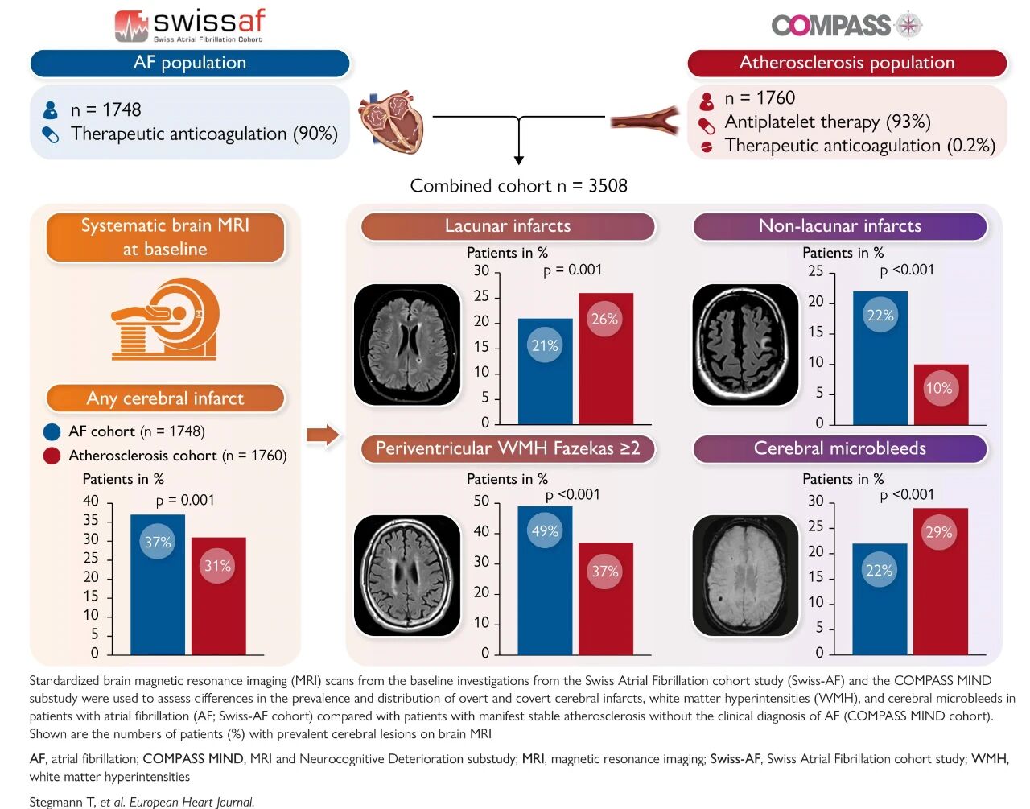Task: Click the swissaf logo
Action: (x=189, y=25)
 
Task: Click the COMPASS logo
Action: (x=846, y=26)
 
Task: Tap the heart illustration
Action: (x=390, y=121)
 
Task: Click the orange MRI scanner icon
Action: (x=165, y=319)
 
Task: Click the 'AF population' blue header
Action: (x=190, y=63)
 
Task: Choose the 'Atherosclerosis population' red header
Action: (x=847, y=63)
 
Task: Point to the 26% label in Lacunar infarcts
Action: (x=604, y=319)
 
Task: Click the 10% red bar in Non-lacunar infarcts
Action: (x=940, y=394)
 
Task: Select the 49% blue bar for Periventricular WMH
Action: (x=545, y=580)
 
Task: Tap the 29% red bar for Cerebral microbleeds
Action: (x=940, y=580)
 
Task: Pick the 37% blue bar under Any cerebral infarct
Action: (x=158, y=584)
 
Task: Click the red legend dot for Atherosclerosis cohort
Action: (x=51, y=456)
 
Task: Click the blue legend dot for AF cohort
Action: (x=51, y=431)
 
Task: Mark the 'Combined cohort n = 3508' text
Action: (x=518, y=186)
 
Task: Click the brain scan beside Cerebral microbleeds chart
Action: (x=744, y=575)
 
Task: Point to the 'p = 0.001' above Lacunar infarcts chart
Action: (x=572, y=270)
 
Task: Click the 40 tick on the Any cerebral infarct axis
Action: (x=91, y=501)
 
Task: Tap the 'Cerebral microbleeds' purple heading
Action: (x=839, y=448)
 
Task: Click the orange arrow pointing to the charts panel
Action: (x=323, y=435)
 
